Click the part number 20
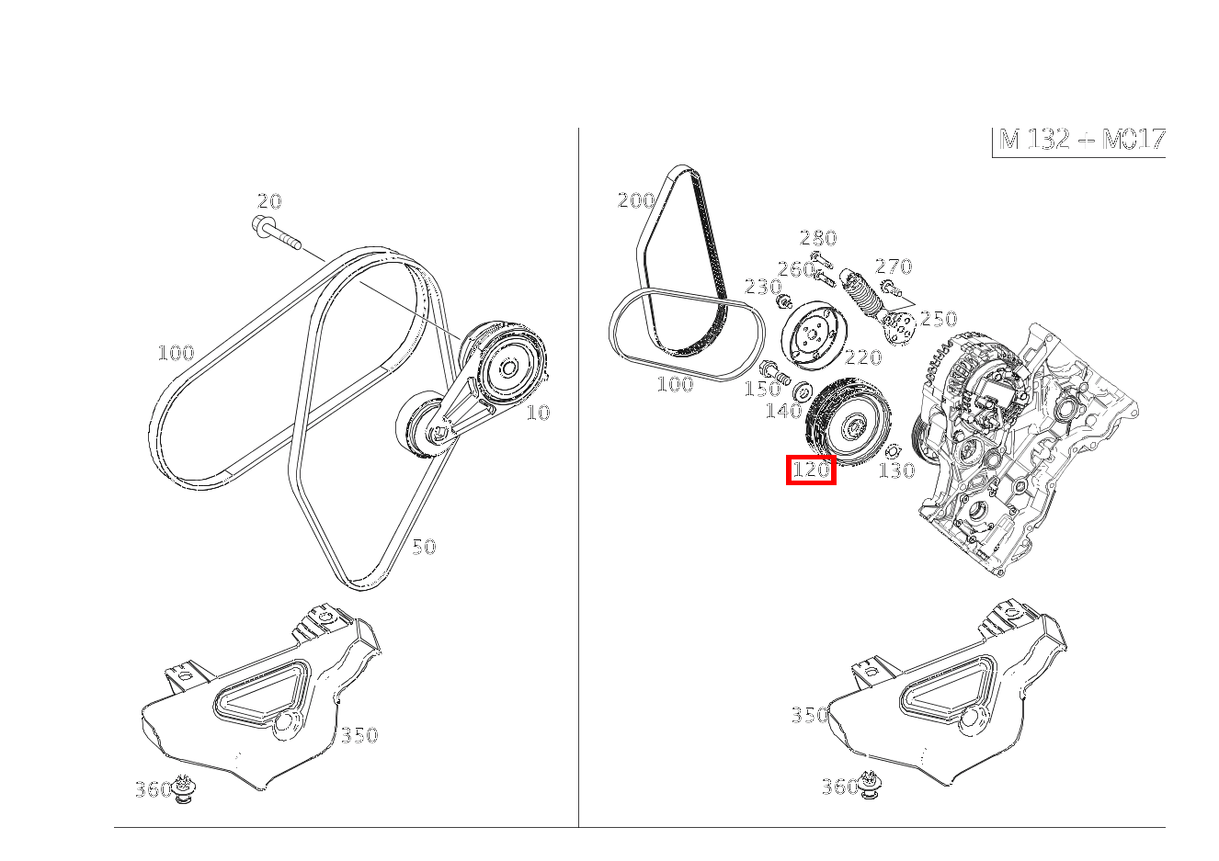click(x=269, y=201)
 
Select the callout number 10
click(x=538, y=414)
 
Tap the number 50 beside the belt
click(x=423, y=547)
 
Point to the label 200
click(x=636, y=200)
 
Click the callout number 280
click(x=817, y=238)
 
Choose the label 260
click(x=795, y=269)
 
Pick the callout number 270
click(x=894, y=266)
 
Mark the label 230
click(x=762, y=287)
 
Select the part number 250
click(x=939, y=319)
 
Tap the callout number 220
click(x=862, y=357)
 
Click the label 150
click(x=761, y=390)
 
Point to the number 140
click(x=783, y=412)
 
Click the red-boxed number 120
click(x=811, y=470)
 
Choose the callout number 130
click(x=896, y=471)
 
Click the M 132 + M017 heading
click(x=1081, y=140)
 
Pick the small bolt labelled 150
click(x=775, y=372)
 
